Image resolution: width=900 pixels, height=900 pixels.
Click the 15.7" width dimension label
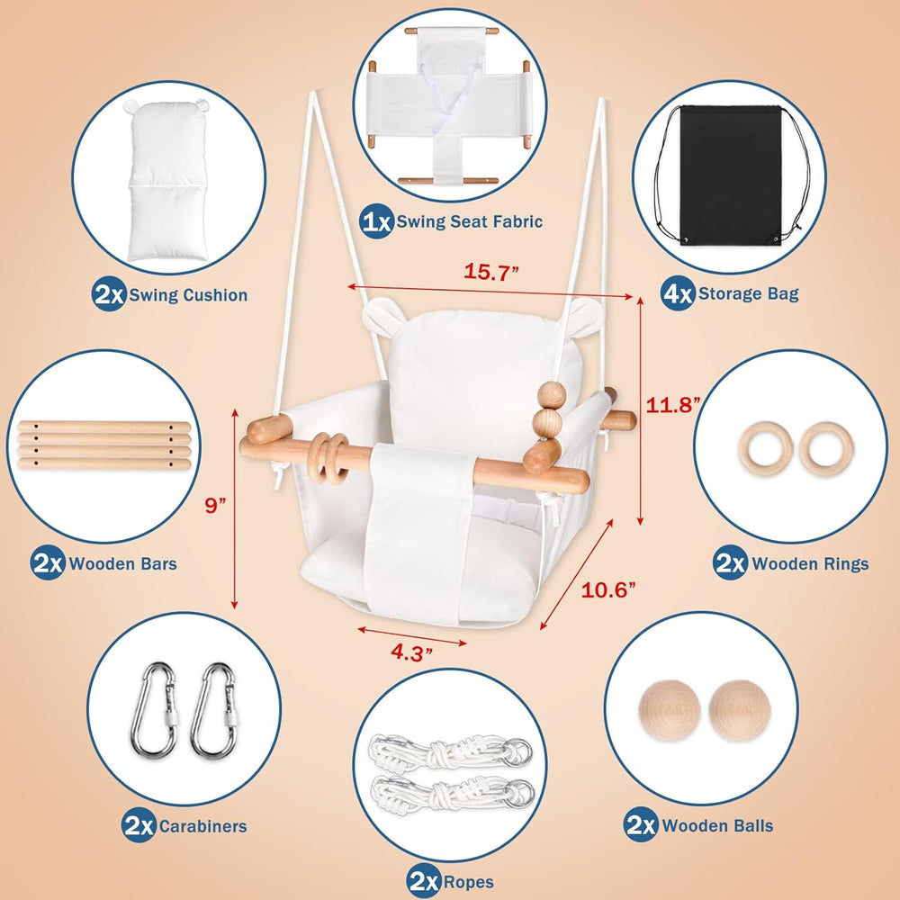pyautogui.click(x=490, y=273)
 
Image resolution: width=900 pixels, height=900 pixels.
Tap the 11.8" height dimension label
pyautogui.click(x=674, y=405)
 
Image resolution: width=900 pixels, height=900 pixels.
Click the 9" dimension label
pyautogui.click(x=214, y=506)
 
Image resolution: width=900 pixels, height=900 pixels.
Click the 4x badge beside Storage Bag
pyautogui.click(x=677, y=292)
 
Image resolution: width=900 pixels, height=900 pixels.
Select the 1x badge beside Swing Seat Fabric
pyautogui.click(x=376, y=221)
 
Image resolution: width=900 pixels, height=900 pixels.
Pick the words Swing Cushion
pyautogui.click(x=188, y=294)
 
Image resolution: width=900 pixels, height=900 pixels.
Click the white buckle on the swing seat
pyautogui.click(x=515, y=516)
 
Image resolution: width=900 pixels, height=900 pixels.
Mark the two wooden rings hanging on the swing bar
pyautogui.click(x=330, y=447)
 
